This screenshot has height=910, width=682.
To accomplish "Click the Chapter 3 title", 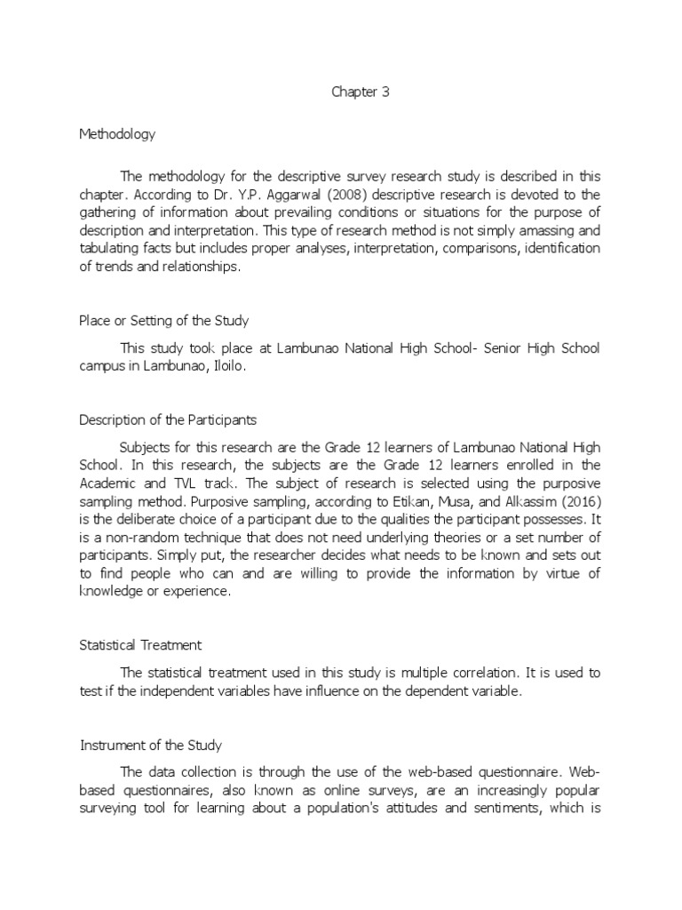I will pyautogui.click(x=361, y=92).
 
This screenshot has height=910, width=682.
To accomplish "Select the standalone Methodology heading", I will pyautogui.click(x=117, y=134).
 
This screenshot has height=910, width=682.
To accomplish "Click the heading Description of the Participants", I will pyautogui.click(x=168, y=419).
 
